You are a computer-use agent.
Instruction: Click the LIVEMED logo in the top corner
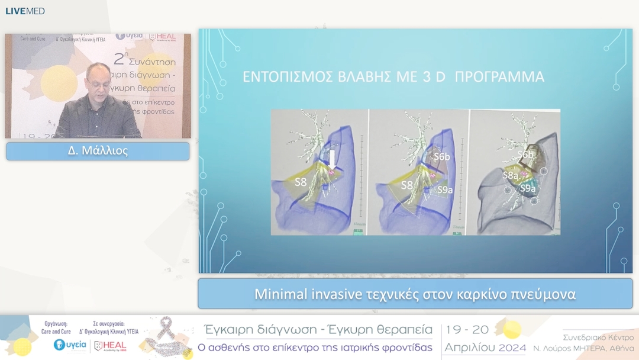tap(25, 11)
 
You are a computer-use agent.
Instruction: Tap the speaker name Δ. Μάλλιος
tap(98, 151)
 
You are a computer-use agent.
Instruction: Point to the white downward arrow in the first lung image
tap(333, 159)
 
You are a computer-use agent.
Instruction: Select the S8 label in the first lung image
tap(301, 182)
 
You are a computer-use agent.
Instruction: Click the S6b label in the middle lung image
tap(443, 157)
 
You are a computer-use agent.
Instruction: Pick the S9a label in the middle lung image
tap(446, 189)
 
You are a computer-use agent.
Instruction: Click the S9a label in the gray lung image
tap(528, 189)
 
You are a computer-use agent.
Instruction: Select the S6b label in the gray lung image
tap(526, 155)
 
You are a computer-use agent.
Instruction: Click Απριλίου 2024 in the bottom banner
tap(485, 348)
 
